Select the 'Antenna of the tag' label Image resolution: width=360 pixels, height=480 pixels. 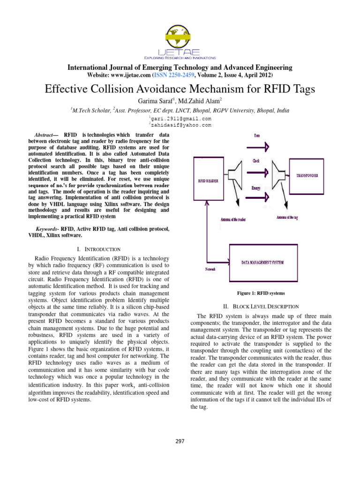click(x=293, y=217)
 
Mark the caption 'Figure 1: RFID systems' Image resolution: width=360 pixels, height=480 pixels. click(x=261, y=293)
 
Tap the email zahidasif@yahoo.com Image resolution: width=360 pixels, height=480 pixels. click(x=181, y=125)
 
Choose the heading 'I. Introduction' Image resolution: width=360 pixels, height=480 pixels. click(x=98, y=249)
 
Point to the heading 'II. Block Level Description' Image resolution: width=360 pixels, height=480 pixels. click(x=261, y=306)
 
